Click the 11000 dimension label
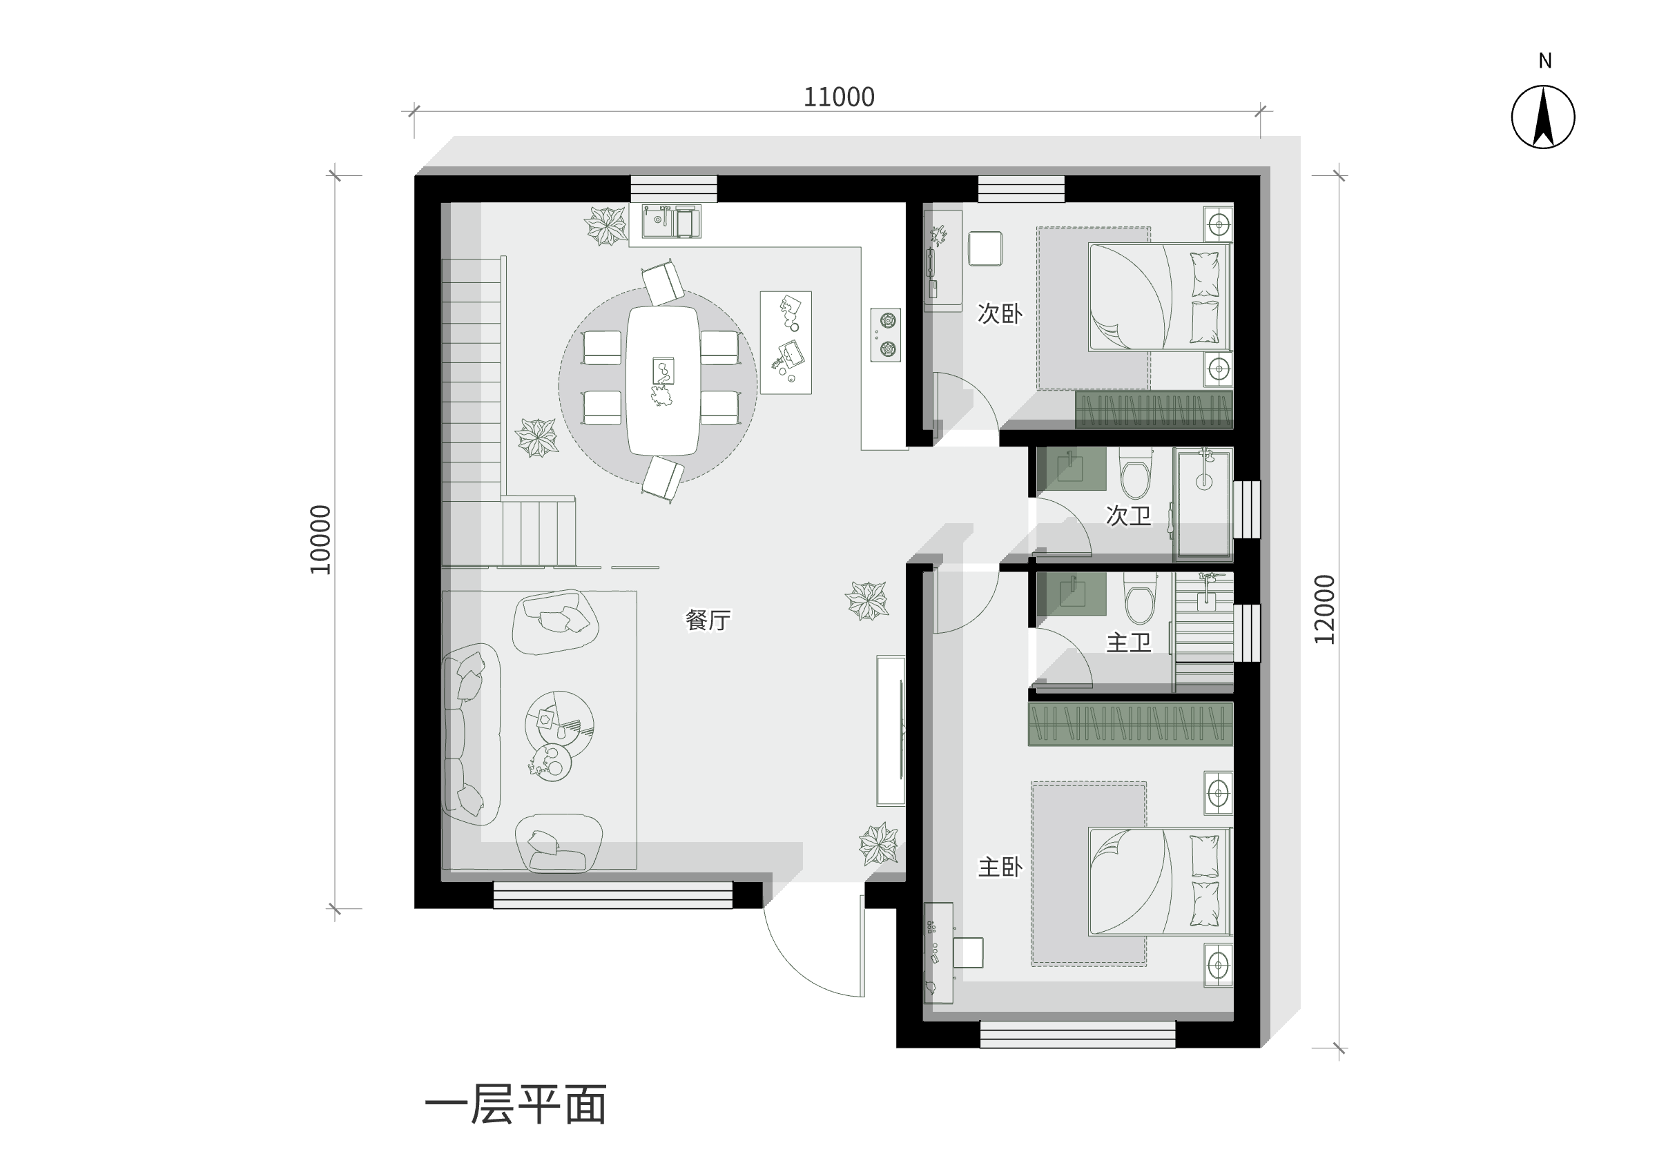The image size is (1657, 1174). pos(839,97)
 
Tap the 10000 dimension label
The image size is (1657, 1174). pos(320,539)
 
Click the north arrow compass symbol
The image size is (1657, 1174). pos(1543,117)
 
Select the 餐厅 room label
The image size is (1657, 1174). pos(708,620)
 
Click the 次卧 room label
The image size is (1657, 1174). pos(1000,313)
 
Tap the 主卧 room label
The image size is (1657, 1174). pos(1000,867)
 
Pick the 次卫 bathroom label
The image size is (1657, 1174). pos(1129,516)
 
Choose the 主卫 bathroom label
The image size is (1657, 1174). pos(1129,642)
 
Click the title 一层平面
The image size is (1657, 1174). pos(516,1104)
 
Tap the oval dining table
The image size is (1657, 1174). pos(663,381)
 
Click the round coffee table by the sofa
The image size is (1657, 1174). pos(559,725)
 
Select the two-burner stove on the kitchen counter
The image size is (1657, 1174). pos(886,335)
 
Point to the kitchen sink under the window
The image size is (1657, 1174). pos(672,222)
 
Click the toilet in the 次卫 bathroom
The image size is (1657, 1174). pos(1135,473)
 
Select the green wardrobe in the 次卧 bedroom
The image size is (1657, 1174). pos(1154,410)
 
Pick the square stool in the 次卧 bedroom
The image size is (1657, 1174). pos(985,248)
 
